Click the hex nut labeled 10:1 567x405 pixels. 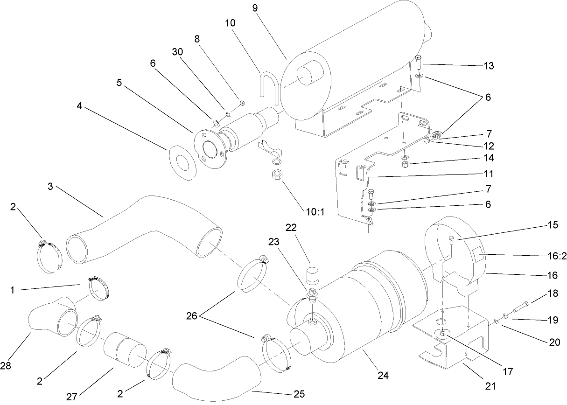(277, 175)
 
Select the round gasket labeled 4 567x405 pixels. (182, 162)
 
